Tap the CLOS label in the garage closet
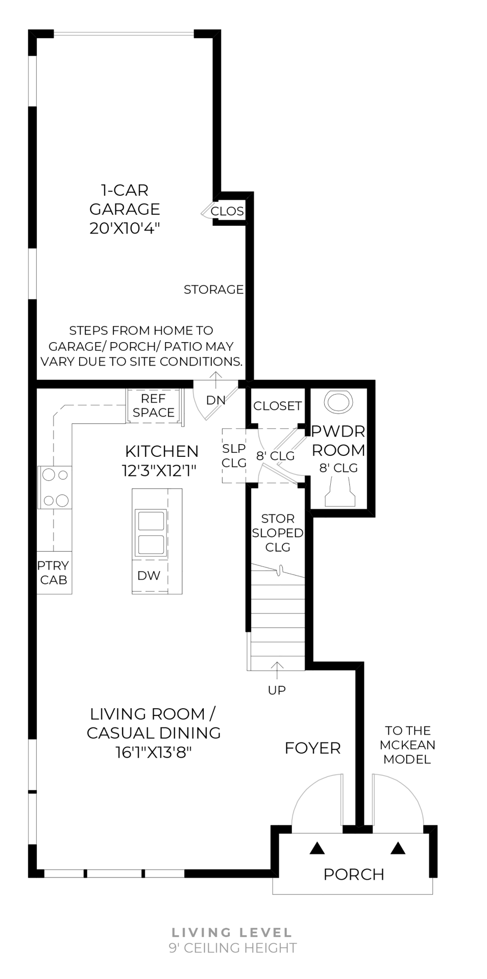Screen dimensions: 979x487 pyautogui.click(x=227, y=211)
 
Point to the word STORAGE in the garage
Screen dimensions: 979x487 pyautogui.click(x=213, y=290)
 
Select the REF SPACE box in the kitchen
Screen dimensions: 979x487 pyautogui.click(x=154, y=406)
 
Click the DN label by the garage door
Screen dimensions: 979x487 pyautogui.click(x=216, y=400)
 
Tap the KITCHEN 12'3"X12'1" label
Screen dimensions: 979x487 pyautogui.click(x=161, y=460)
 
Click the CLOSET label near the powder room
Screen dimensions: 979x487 pyautogui.click(x=278, y=406)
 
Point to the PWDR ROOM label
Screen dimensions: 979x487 pyautogui.click(x=338, y=441)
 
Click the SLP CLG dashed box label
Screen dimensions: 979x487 pyautogui.click(x=234, y=455)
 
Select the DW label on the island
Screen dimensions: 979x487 pyautogui.click(x=149, y=576)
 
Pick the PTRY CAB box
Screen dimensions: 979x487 pyautogui.click(x=54, y=573)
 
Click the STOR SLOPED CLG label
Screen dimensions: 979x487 pyautogui.click(x=278, y=533)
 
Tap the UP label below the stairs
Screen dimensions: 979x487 pyautogui.click(x=277, y=690)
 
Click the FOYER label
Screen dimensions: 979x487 pyautogui.click(x=312, y=748)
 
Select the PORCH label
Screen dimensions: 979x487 pyautogui.click(x=353, y=874)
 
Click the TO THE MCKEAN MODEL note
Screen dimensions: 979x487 pyautogui.click(x=407, y=745)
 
